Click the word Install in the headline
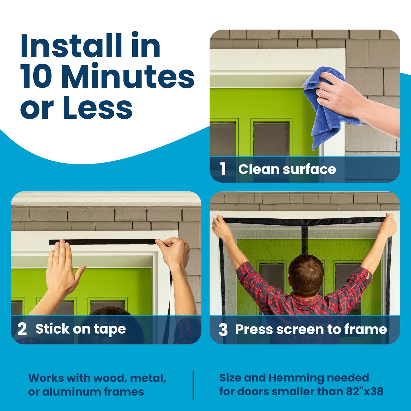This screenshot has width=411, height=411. click(x=71, y=46)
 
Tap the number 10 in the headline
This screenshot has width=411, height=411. click(x=36, y=77)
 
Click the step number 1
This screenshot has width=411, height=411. click(x=223, y=169)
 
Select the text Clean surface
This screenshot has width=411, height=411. click(x=287, y=169)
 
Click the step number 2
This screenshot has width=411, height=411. click(x=22, y=329)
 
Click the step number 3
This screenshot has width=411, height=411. click(x=223, y=330)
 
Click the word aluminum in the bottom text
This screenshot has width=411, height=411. click(x=71, y=392)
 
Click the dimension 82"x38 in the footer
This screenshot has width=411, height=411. click(x=365, y=391)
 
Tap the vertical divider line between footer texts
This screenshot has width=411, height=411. click(x=193, y=385)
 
